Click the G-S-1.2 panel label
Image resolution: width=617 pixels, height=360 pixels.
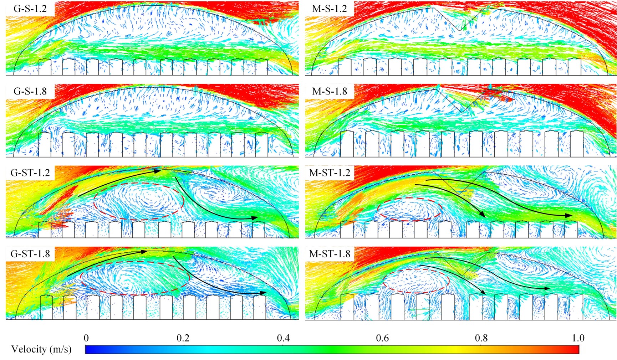pyautogui.click(x=30, y=9)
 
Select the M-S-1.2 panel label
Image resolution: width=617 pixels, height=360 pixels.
pyautogui.click(x=329, y=9)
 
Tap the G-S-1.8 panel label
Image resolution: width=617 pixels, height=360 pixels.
pyautogui.click(x=30, y=91)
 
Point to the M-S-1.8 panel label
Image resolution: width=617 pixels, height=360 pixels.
pyautogui.click(x=329, y=91)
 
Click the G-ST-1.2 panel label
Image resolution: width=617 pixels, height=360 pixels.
pyautogui.click(x=30, y=173)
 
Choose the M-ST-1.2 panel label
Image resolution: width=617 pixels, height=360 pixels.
pyautogui.click(x=330, y=173)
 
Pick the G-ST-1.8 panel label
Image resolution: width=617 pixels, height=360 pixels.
pyautogui.click(x=30, y=254)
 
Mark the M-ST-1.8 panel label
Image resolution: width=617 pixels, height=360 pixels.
pyautogui.click(x=330, y=254)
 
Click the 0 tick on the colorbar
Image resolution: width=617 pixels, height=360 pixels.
pyautogui.click(x=86, y=338)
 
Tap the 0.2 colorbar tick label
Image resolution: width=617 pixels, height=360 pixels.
pyautogui.click(x=183, y=338)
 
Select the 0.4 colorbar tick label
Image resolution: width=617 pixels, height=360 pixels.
pyautogui.click(x=283, y=338)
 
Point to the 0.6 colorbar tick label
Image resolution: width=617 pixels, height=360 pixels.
pyautogui.click(x=382, y=338)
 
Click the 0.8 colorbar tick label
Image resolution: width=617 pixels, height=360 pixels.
pyautogui.click(x=481, y=338)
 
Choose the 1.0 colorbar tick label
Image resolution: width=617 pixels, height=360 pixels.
pyautogui.click(x=578, y=338)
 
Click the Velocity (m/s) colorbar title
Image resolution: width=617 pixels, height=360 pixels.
pyautogui.click(x=41, y=349)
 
